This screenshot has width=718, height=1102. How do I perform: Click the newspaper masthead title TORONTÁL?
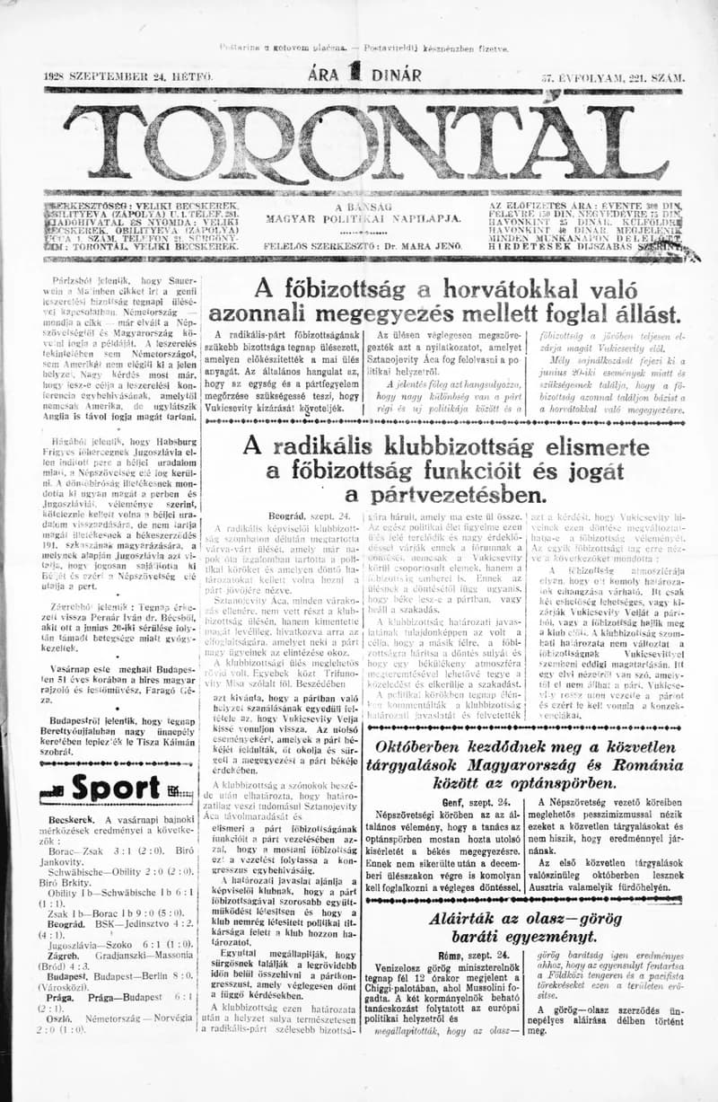(x=359, y=139)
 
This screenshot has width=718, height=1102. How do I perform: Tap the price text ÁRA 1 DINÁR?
(x=364, y=76)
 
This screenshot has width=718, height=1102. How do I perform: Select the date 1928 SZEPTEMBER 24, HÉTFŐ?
(x=128, y=78)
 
